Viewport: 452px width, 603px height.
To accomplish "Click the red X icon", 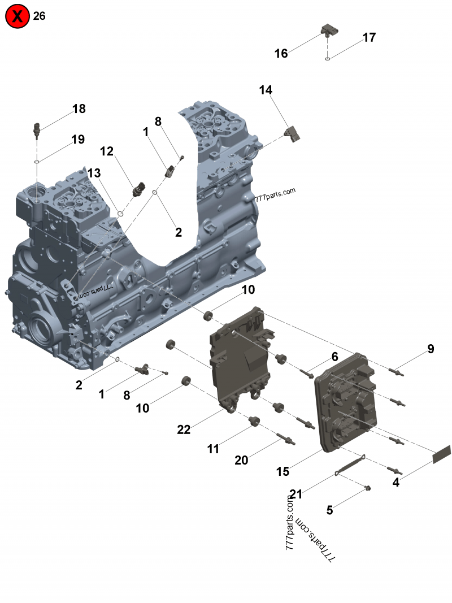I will tap(18, 17).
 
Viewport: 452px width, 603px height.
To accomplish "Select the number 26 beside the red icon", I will tap(39, 16).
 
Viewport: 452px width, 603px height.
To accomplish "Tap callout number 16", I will tap(281, 54).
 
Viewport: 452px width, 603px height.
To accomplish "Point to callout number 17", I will tap(369, 38).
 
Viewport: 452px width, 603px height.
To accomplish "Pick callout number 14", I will tap(266, 90).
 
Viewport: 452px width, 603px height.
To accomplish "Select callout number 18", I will tap(79, 109).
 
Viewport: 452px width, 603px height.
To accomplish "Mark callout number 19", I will tap(78, 139).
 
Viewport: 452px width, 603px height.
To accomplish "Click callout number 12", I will tap(107, 151).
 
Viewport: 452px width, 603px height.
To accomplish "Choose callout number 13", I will tap(94, 172).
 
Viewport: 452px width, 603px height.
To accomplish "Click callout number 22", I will tap(184, 430).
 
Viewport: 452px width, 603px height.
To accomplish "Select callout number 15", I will tap(282, 471).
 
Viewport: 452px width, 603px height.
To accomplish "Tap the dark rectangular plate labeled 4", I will tap(441, 454).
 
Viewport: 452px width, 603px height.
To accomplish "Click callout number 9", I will tap(431, 349).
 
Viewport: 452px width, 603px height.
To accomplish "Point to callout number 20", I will tap(241, 461).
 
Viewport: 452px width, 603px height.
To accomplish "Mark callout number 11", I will tap(213, 449).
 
